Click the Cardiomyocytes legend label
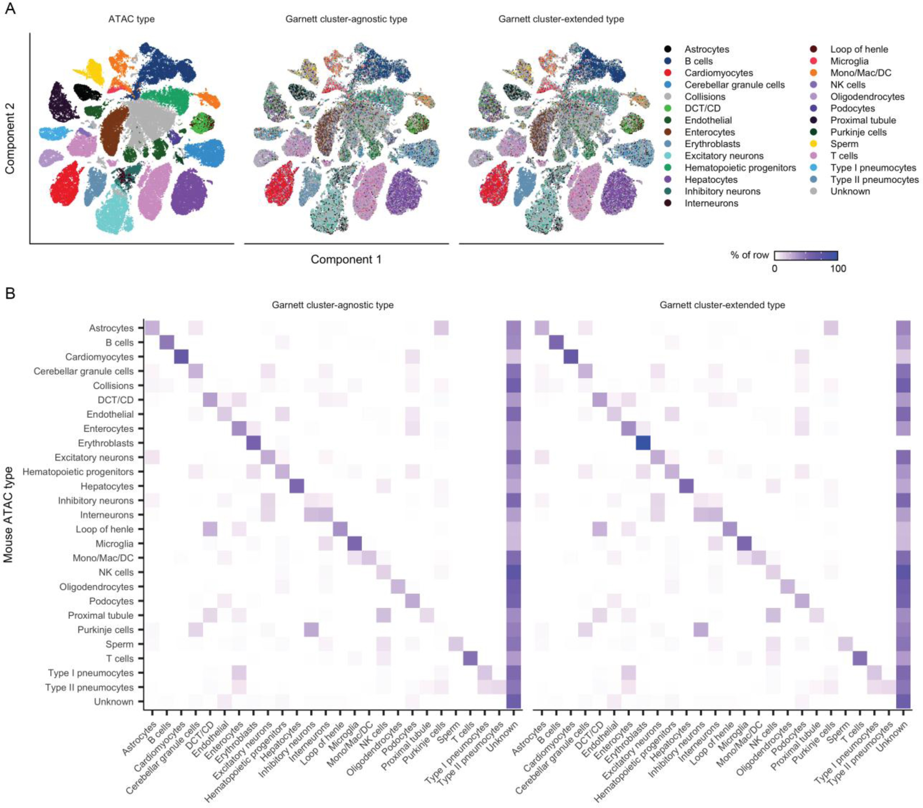coord(718,73)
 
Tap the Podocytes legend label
coord(852,108)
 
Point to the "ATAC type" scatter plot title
coord(131,19)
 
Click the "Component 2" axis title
coord(10,138)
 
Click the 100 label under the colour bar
coord(838,269)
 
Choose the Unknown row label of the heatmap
coord(114,701)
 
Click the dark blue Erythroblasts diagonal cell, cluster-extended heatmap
coord(643,443)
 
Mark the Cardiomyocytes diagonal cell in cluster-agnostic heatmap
coord(181,357)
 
